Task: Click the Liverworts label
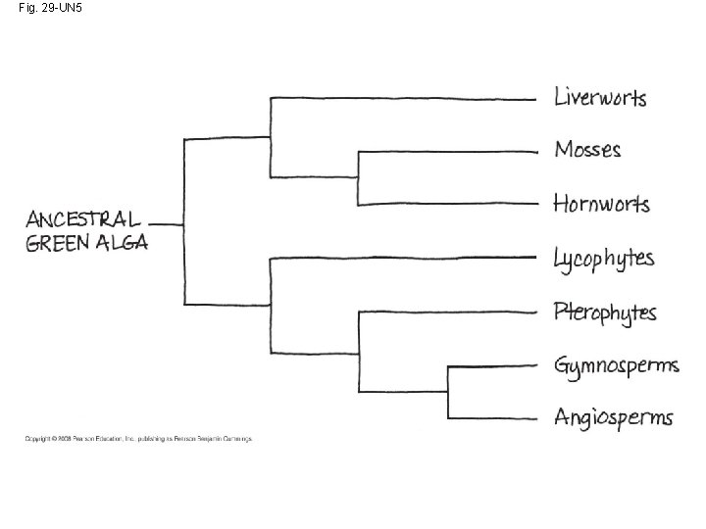pyautogui.click(x=600, y=97)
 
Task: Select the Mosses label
pyautogui.click(x=587, y=150)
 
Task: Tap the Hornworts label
pyautogui.click(x=601, y=204)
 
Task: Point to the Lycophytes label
pyautogui.click(x=603, y=259)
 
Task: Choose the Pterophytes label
pyautogui.click(x=605, y=313)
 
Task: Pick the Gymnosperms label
pyautogui.click(x=616, y=366)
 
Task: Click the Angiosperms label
pyautogui.click(x=613, y=417)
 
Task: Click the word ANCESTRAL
pyautogui.click(x=82, y=218)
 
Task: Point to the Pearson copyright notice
pyautogui.click(x=138, y=439)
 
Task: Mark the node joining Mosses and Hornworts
pyautogui.click(x=359, y=177)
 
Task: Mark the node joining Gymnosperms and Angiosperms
pyautogui.click(x=448, y=392)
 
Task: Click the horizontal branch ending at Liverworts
pyautogui.click(x=402, y=98)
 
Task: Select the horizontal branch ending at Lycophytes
pyautogui.click(x=402, y=258)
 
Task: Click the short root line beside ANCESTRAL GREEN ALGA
pyautogui.click(x=168, y=223)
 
